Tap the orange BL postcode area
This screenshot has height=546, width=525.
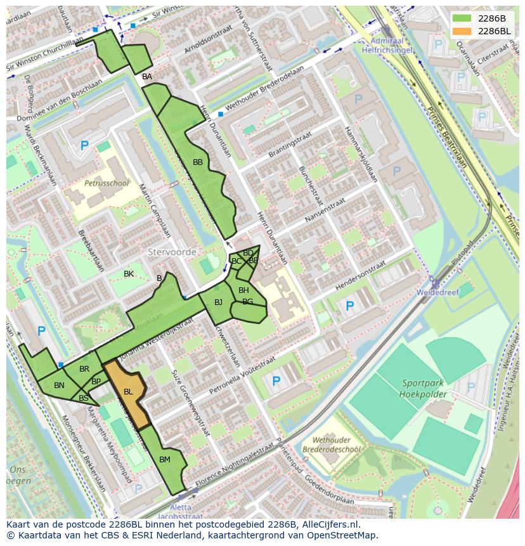[x=128, y=393]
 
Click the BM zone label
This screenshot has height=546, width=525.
[x=165, y=459]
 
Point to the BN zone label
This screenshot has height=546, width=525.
[x=59, y=385]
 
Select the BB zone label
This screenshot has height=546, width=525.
[x=198, y=162]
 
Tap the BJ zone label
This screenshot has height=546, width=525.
[x=218, y=302]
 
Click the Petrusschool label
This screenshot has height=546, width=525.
[x=107, y=183]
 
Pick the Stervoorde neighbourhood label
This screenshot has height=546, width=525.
[x=172, y=252]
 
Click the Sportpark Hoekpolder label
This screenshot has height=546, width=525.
[x=424, y=388]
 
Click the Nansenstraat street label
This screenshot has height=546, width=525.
[x=325, y=209]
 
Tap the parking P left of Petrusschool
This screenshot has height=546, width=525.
[x=84, y=146]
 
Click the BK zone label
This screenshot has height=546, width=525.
[x=129, y=273]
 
